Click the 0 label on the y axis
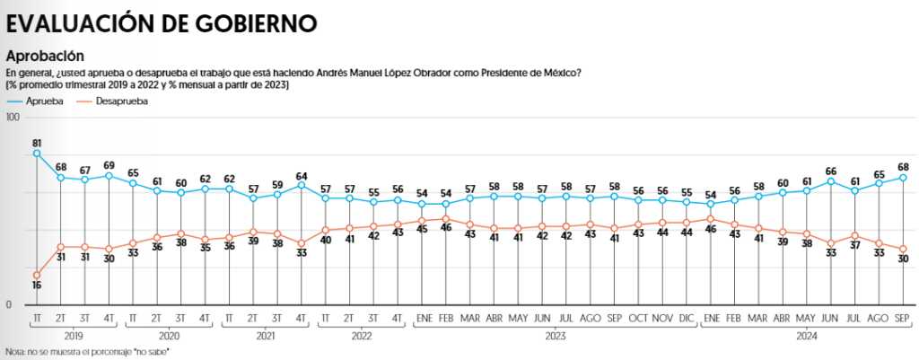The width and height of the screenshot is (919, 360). coord(8,305)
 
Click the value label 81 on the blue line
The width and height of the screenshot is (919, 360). coord(37,143)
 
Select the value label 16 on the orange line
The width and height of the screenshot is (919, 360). coord(37,285)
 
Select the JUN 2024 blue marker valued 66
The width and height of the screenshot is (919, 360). coord(831,181)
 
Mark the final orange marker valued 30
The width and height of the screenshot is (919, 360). coord(903,249)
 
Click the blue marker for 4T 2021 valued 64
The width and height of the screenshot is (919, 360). coord(301,185)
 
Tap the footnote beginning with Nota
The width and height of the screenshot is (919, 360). coord(87,350)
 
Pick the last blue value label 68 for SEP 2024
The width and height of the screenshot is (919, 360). coord(904,166)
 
